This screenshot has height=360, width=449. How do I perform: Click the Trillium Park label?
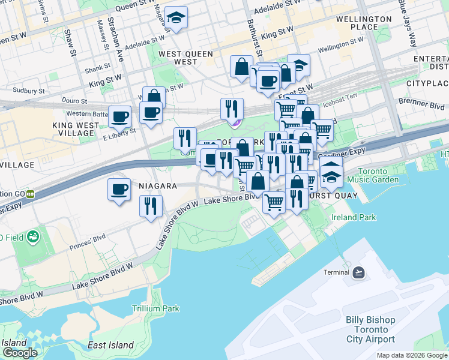pos(155,308)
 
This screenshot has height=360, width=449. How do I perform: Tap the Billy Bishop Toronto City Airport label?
pos(370,329)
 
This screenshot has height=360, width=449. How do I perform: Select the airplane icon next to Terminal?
pos(359,272)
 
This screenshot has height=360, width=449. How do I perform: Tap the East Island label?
pos(110,345)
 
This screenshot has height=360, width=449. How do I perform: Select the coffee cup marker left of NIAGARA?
pos(119,190)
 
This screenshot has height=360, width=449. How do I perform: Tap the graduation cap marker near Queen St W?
pos(176,17)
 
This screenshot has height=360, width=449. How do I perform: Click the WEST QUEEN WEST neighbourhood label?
pos(185,58)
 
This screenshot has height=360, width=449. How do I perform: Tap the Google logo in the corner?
pos(20,353)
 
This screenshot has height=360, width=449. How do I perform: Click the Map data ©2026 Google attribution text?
pos(412,355)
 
